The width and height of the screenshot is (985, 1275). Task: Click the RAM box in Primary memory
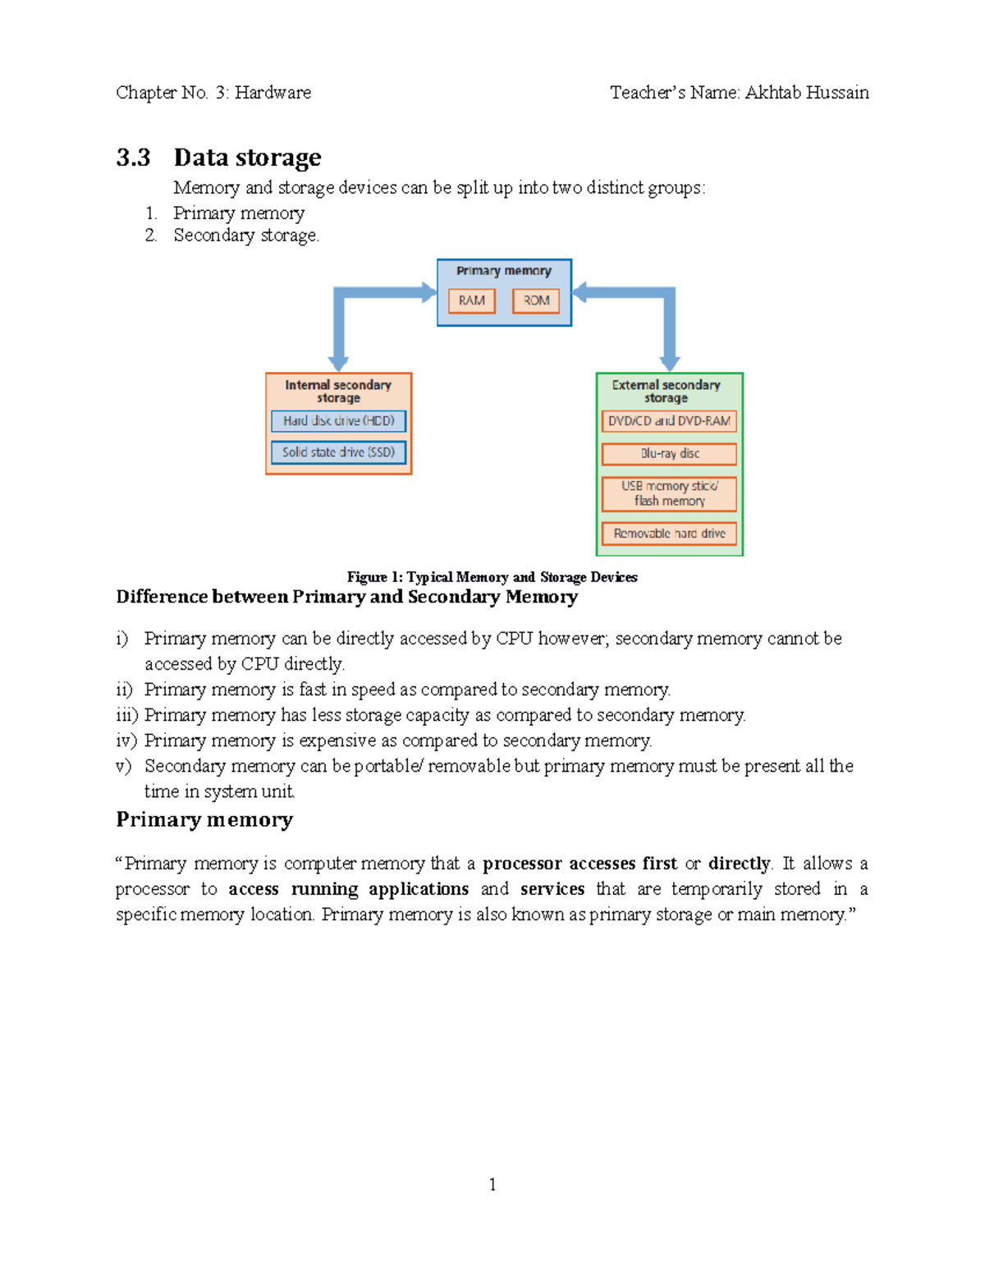(x=471, y=300)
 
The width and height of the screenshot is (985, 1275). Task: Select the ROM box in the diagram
(x=536, y=300)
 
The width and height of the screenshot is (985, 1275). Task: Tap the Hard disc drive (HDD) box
(x=338, y=421)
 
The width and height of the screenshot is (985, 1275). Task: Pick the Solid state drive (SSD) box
(x=338, y=452)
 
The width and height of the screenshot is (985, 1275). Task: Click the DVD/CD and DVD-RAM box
(x=669, y=421)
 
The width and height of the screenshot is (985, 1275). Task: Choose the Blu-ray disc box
(x=669, y=454)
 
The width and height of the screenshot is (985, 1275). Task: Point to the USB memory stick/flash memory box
(x=669, y=493)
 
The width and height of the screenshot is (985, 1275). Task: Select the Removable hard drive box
(x=669, y=534)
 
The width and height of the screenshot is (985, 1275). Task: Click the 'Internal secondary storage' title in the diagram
(x=338, y=391)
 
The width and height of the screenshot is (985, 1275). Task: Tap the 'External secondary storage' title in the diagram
(x=666, y=391)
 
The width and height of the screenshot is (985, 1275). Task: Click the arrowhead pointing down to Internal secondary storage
(x=338, y=363)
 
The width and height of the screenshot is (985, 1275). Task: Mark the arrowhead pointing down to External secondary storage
(x=670, y=363)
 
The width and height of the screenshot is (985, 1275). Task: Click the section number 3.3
(x=133, y=157)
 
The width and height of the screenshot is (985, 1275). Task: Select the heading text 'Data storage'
(x=247, y=157)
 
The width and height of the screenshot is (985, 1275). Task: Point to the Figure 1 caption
(x=492, y=577)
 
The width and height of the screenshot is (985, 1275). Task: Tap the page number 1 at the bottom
(x=492, y=1184)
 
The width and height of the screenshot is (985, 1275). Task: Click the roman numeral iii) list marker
(x=126, y=715)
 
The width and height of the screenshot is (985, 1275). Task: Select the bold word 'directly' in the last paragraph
(x=739, y=864)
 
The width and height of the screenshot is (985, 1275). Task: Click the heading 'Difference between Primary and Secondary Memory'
(x=346, y=597)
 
